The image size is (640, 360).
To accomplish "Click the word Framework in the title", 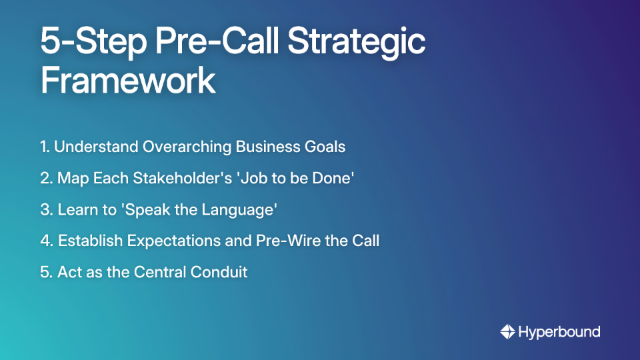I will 128,80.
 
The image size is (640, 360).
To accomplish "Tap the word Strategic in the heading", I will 357,42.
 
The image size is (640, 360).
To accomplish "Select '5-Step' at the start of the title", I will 83,42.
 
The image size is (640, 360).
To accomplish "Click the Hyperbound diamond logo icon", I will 507,331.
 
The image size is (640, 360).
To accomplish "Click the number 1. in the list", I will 45,147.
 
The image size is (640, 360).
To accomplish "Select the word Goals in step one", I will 325,147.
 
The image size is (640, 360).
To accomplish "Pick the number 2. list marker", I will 46,178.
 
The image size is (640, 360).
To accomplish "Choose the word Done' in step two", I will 332,178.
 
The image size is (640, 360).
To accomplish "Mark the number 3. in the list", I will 46,209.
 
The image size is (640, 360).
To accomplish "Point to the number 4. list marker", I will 46,241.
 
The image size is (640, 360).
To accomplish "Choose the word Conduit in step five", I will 220,272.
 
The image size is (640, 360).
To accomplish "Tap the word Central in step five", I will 163,272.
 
